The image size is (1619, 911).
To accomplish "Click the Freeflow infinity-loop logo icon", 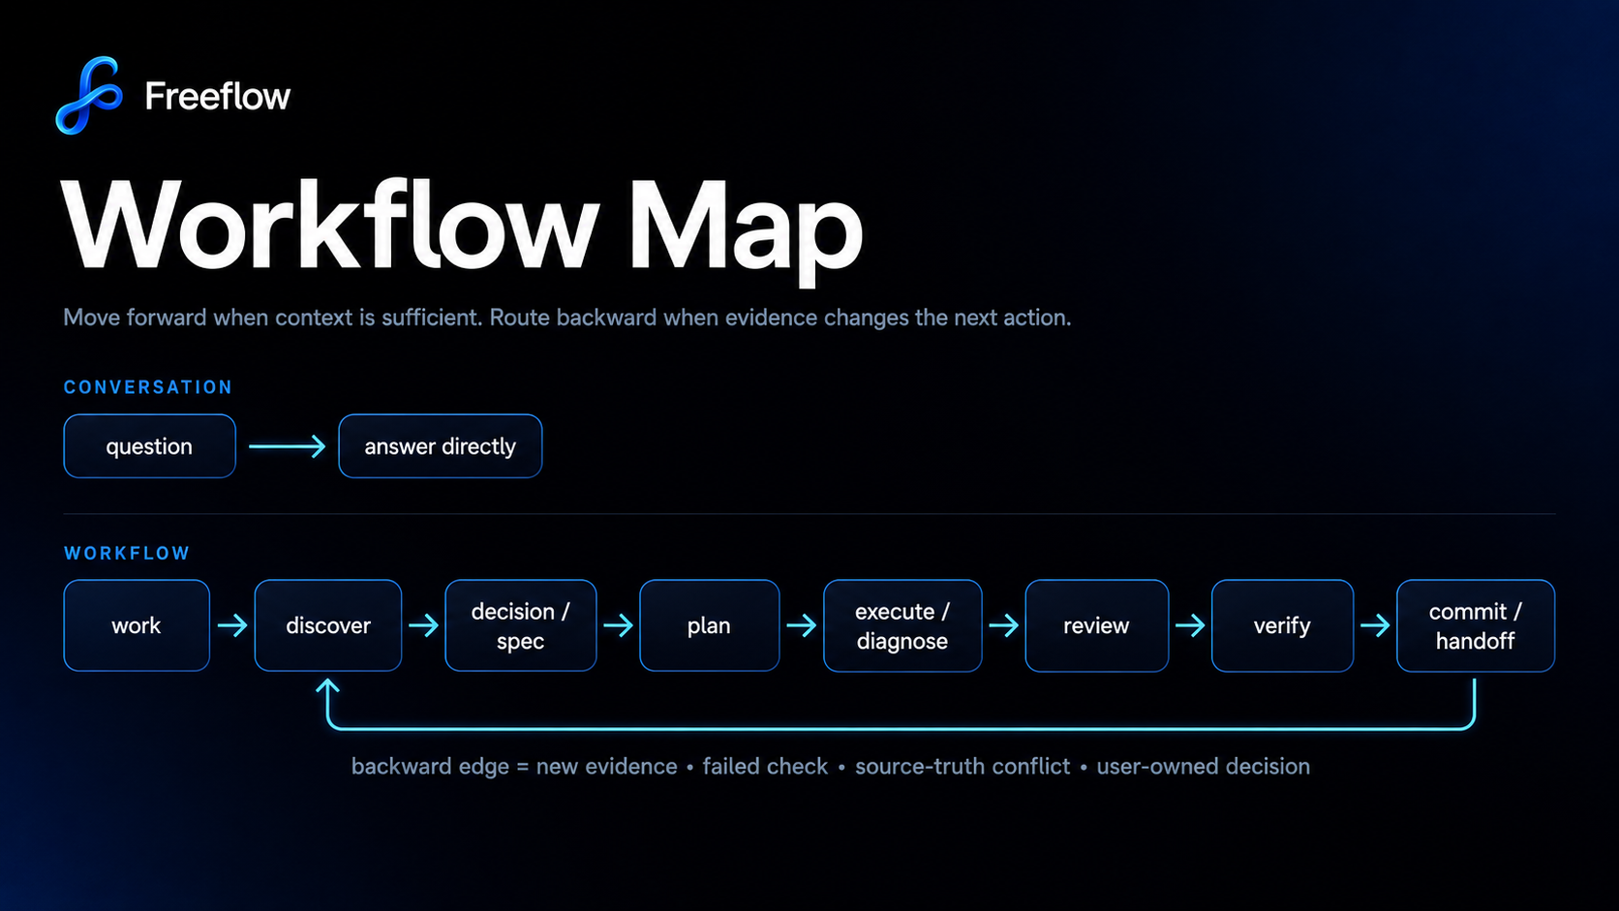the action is pyautogui.click(x=90, y=96).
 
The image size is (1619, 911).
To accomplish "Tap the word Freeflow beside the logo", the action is pyautogui.click(x=218, y=96).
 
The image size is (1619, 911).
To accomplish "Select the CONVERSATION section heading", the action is pyautogui.click(x=147, y=387).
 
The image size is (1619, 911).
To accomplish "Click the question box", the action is pyautogui.click(x=150, y=445).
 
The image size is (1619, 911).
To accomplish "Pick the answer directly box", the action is pyautogui.click(x=441, y=445).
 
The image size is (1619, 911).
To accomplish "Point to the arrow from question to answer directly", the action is pyautogui.click(x=287, y=446).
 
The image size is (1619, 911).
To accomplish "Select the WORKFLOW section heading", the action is pyautogui.click(x=127, y=554).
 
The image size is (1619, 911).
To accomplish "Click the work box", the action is pyautogui.click(x=137, y=625).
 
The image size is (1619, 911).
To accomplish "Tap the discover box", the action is pyautogui.click(x=328, y=625).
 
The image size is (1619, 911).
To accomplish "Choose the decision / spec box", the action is pyautogui.click(x=520, y=625).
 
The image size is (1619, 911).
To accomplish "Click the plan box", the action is pyautogui.click(x=709, y=625).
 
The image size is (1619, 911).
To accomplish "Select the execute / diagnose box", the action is pyautogui.click(x=902, y=625).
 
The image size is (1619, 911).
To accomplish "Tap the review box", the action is pyautogui.click(x=1096, y=625).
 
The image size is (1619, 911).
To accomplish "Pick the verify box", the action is pyautogui.click(x=1282, y=625).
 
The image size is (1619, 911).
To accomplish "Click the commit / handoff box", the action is pyautogui.click(x=1475, y=625).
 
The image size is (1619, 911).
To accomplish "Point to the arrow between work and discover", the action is pyautogui.click(x=232, y=625).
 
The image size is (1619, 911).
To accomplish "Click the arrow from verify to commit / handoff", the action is pyautogui.click(x=1375, y=625).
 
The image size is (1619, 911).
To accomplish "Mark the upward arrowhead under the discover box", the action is pyautogui.click(x=328, y=686).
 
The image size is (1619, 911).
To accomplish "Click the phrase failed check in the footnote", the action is pyautogui.click(x=765, y=767).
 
